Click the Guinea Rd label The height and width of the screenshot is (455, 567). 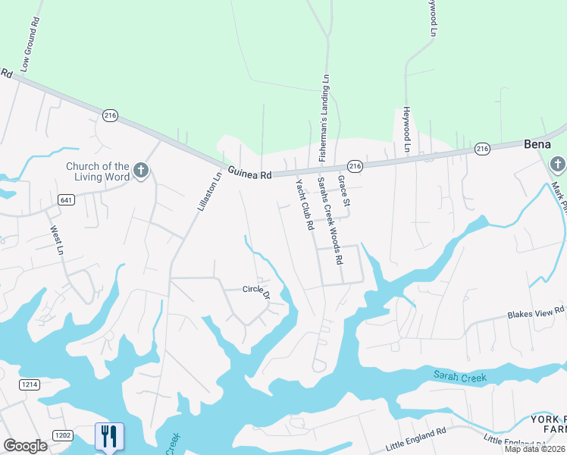coord(248,174)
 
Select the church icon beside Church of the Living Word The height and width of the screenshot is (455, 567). coord(140,171)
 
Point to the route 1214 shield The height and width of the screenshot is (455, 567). coord(30,386)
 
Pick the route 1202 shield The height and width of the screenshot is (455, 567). coord(62,435)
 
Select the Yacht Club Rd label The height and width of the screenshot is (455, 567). coord(305,205)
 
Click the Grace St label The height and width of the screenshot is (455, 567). coord(344,191)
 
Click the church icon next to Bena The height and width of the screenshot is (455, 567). coord(557,164)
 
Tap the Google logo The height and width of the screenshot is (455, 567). coord(25,446)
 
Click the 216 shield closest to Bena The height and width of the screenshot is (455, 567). coord(483,149)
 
